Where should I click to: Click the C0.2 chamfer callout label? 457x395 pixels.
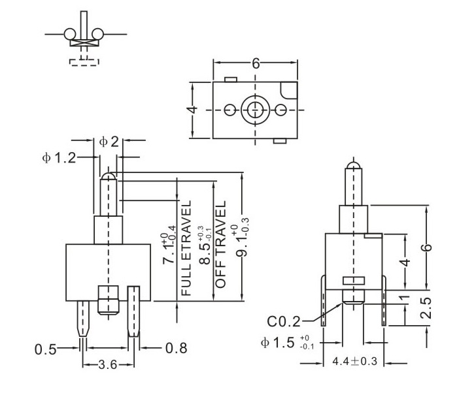pyautogui.click(x=283, y=322)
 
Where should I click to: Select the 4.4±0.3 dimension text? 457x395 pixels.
pyautogui.click(x=355, y=362)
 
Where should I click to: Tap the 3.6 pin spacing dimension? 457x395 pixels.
pyautogui.click(x=107, y=365)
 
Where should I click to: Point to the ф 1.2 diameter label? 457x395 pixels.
pyautogui.click(x=59, y=158)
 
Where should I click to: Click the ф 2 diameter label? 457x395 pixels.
pyautogui.click(x=109, y=142)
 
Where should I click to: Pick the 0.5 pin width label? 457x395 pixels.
pyautogui.click(x=45, y=349)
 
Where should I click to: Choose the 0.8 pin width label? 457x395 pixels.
pyautogui.click(x=177, y=348)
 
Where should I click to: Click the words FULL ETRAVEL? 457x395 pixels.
pyautogui.click(x=186, y=248)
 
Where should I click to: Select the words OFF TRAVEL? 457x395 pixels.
pyautogui.click(x=220, y=244)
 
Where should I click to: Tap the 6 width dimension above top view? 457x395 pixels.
pyautogui.click(x=256, y=63)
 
